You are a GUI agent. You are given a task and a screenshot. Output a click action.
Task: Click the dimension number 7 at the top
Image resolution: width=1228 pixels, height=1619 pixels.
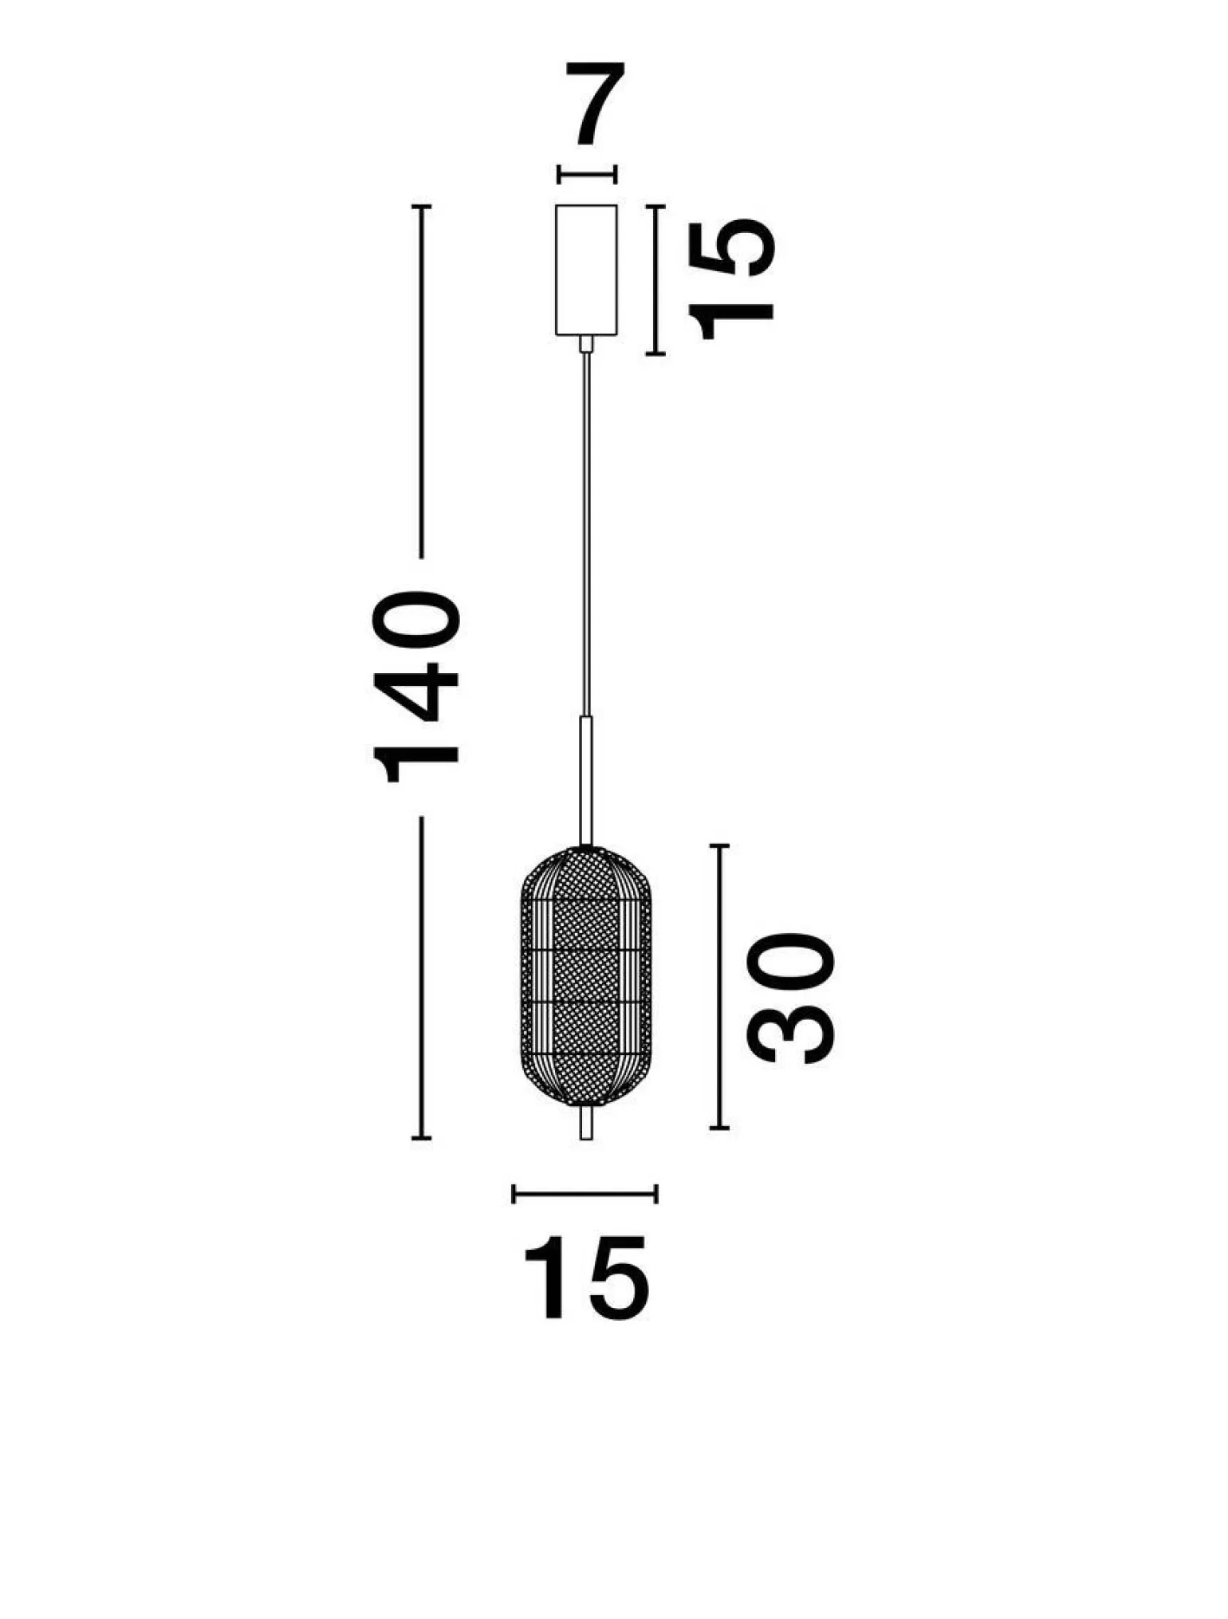pos(595,104)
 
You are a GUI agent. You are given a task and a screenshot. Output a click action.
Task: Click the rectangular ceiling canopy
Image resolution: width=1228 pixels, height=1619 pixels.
pos(586,270)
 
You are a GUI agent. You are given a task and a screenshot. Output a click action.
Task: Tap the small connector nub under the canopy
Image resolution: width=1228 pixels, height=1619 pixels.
pos(586,344)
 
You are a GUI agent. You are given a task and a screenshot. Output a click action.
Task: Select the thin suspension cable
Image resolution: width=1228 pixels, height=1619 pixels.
pos(586,534)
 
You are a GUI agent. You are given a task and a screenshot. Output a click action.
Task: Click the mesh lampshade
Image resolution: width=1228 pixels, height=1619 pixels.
pos(585,975)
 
